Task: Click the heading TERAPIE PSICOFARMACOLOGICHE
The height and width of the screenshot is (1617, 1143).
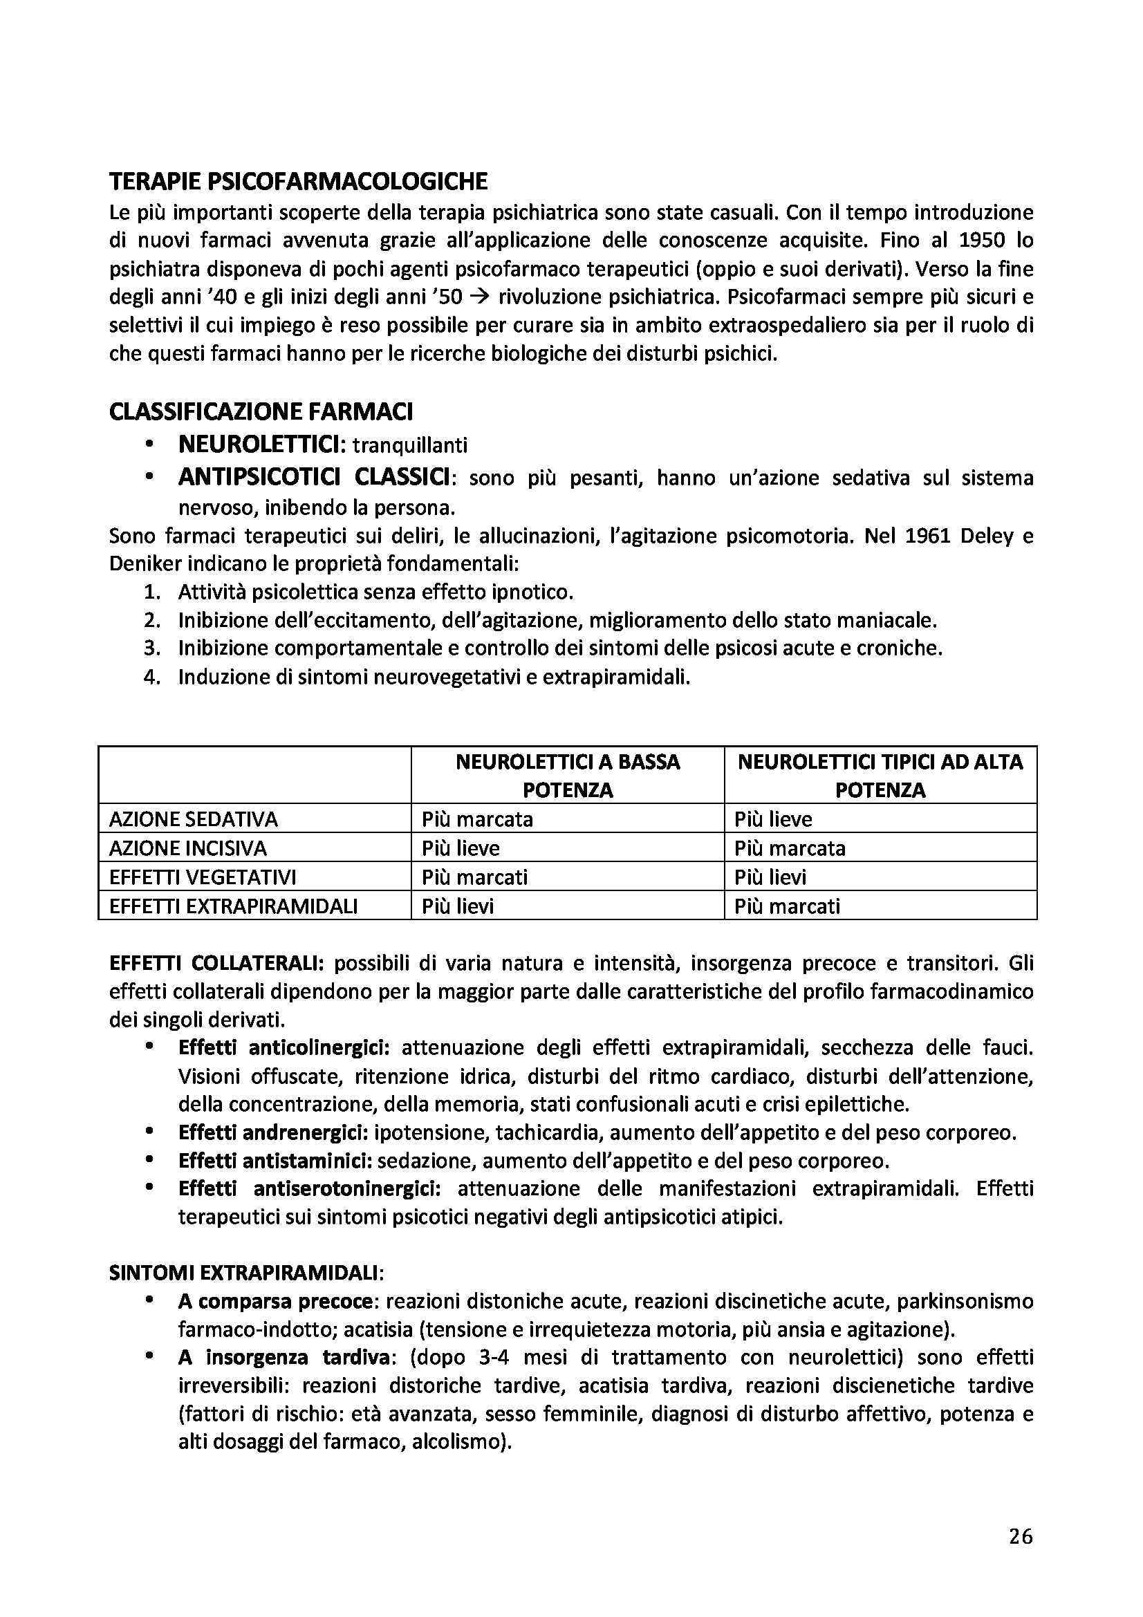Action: pyautogui.click(x=298, y=182)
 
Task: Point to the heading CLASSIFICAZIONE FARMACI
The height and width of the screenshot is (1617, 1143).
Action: pyautogui.click(x=261, y=411)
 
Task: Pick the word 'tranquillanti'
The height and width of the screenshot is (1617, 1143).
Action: pyautogui.click(x=410, y=446)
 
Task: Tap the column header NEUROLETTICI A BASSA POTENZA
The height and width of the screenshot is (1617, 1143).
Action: pyautogui.click(x=567, y=776)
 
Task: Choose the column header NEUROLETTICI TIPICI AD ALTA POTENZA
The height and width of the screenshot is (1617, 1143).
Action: pyautogui.click(x=880, y=776)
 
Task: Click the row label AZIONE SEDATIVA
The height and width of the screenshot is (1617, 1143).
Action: pyautogui.click(x=193, y=819)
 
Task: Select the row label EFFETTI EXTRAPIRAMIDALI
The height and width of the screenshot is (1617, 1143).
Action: pyautogui.click(x=233, y=906)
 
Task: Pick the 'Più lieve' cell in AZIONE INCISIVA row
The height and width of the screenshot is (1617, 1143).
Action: pyautogui.click(x=461, y=848)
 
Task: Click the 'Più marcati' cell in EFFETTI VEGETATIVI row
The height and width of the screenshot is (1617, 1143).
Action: pyautogui.click(x=474, y=877)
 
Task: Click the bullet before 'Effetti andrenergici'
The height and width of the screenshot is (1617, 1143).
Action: pyautogui.click(x=149, y=1131)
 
